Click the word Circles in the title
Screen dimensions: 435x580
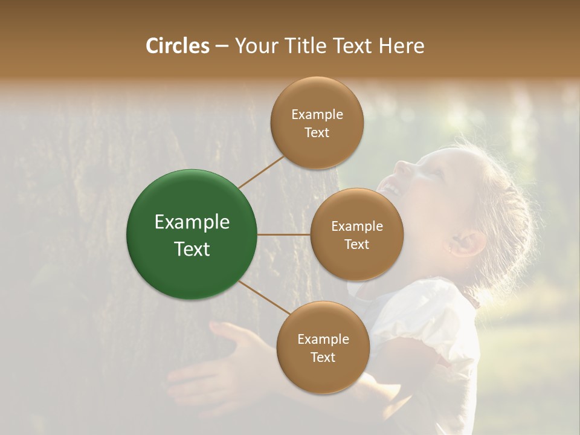[177, 46]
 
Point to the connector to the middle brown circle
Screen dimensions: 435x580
[284, 234]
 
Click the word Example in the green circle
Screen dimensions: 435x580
[192, 222]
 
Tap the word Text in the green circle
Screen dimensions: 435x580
[192, 249]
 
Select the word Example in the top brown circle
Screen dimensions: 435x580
[317, 115]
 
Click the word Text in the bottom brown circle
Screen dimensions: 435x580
[323, 357]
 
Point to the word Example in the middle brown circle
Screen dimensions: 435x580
[356, 227]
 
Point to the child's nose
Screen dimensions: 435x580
[402, 164]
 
